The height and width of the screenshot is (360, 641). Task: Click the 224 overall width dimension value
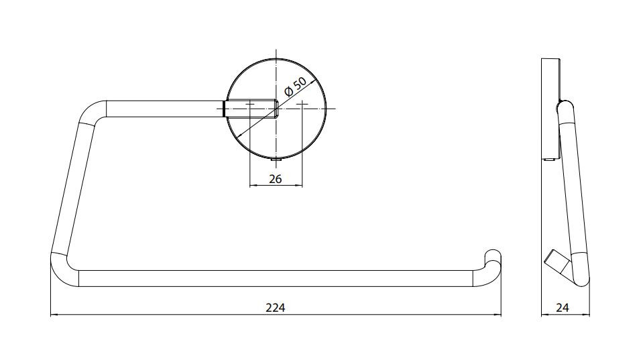point(275,307)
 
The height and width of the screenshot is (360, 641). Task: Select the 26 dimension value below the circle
point(276,178)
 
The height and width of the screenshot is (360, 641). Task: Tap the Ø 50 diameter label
point(295,86)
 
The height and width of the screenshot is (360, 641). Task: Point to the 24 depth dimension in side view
point(563,307)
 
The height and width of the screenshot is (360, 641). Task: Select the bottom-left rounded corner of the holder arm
point(64,270)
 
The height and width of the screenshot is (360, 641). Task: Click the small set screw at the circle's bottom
point(277,162)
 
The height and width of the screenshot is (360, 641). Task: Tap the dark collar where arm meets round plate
point(225,109)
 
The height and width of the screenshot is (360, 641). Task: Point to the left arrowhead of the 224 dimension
point(54,315)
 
